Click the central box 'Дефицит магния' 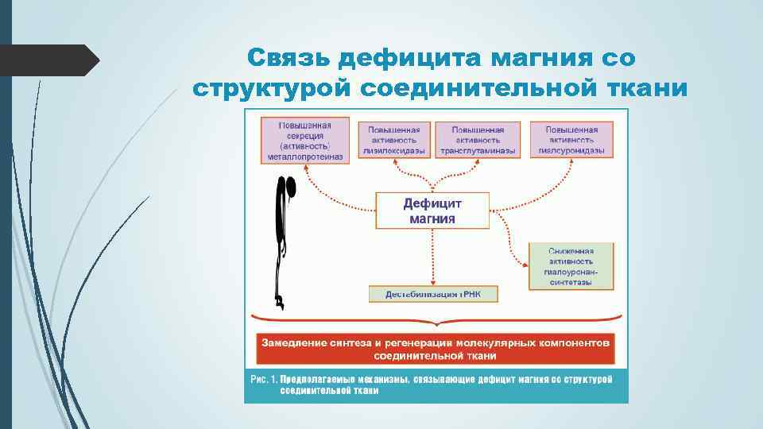coord(432,211)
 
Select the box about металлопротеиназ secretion coord(304,141)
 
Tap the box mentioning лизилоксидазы coord(394,140)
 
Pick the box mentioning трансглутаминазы coord(478,140)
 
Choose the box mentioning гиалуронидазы coord(571,140)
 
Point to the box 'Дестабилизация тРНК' coord(433,295)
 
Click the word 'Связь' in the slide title coord(288,58)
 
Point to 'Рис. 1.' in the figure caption coord(263,380)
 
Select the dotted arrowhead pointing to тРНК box coord(433,281)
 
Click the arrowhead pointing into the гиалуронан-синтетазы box coord(523,265)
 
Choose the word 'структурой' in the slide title coord(271,87)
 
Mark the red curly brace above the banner coord(435,321)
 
